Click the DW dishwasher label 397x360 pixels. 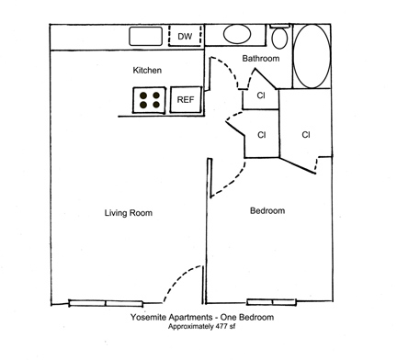(185, 37)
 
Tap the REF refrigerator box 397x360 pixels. (186, 100)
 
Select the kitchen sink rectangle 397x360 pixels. (145, 37)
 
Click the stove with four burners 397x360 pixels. (150, 100)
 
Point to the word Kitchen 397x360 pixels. (147, 70)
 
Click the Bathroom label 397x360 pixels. (261, 58)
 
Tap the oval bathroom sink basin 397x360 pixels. (237, 34)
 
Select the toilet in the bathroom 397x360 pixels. (279, 37)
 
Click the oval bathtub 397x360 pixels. (312, 56)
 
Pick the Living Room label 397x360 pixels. (129, 213)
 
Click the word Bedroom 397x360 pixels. (267, 210)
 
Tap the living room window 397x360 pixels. (106, 303)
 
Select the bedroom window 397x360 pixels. (271, 302)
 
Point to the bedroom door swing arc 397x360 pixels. (237, 180)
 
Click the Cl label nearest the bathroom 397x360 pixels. (261, 96)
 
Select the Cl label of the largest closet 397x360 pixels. (306, 135)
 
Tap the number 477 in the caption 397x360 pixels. (221, 327)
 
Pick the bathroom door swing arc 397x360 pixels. (228, 67)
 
